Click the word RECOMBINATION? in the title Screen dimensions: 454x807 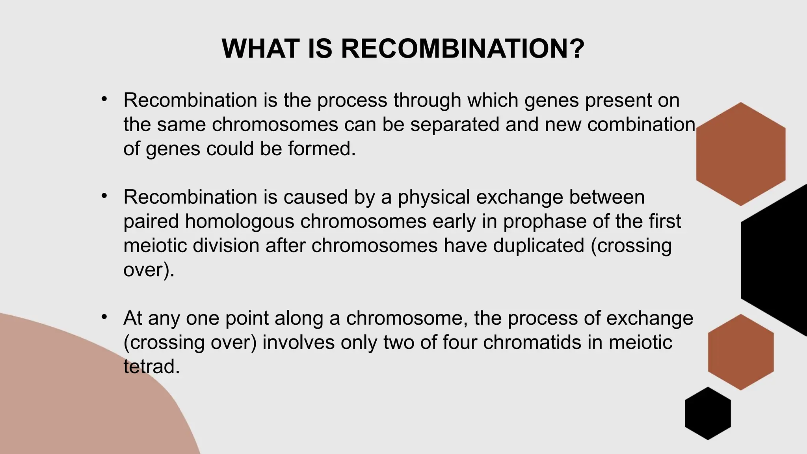(x=463, y=49)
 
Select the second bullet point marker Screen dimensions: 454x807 (x=104, y=195)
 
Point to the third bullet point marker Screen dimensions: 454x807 (x=104, y=316)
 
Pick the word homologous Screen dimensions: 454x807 (x=240, y=221)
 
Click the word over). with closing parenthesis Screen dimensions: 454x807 (x=149, y=270)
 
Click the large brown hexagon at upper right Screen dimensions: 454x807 (x=740, y=154)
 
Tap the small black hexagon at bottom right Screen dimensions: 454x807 (x=708, y=413)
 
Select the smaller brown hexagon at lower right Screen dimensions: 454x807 (x=740, y=352)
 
